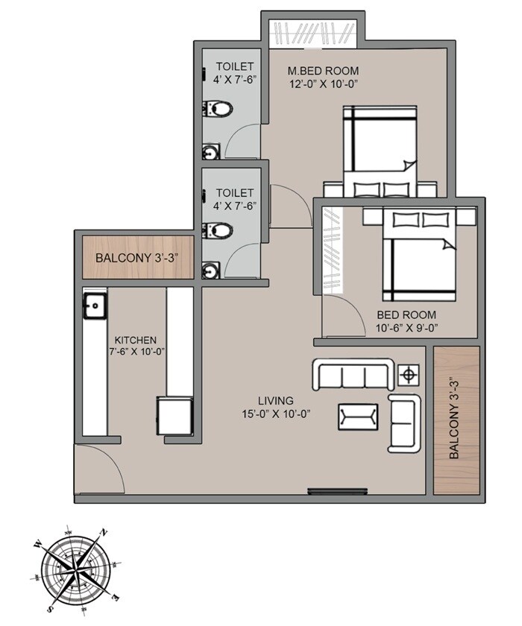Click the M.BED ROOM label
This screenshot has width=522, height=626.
coord(324,71)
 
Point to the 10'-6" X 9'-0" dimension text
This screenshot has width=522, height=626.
coord(406,327)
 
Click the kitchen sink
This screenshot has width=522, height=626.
coord(95,304)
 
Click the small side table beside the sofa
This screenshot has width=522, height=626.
coord(409,374)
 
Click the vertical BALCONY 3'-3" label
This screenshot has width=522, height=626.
coord(455,420)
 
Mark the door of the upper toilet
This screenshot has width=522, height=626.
coord(245,142)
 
